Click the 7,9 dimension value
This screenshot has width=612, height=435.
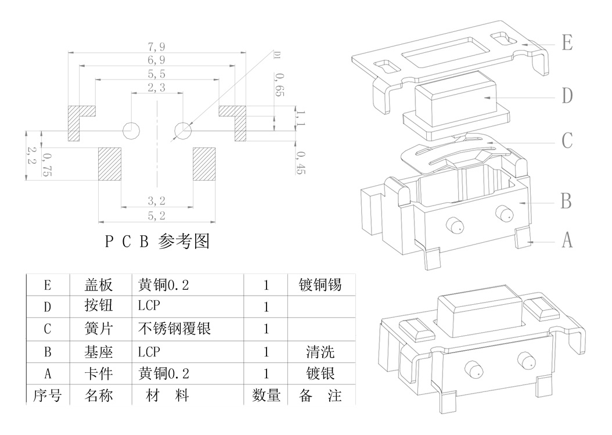coord(157,47)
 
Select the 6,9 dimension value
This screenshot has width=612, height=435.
coord(157,60)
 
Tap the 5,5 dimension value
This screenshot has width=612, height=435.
coord(157,74)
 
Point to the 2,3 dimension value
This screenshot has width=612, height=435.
coord(157,88)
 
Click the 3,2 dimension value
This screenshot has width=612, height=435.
coord(157,201)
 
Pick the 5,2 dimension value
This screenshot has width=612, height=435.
coord(157,216)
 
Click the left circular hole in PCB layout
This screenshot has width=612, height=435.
coord(131,131)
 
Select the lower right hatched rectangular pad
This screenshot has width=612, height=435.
coord(204,164)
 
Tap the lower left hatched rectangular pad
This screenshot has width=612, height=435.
coord(109,164)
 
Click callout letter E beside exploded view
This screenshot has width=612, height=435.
coord(567,42)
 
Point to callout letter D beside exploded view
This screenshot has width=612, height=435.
coord(567,96)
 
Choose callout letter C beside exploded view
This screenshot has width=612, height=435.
coord(567,141)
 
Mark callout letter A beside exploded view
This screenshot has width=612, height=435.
coord(567,239)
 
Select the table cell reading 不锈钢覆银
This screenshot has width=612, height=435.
coord(174,329)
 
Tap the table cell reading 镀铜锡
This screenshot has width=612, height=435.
coord(320,285)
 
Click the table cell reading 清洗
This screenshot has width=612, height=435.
coord(320,351)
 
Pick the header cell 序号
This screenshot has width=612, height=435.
coord(47,396)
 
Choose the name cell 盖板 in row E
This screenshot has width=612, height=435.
coord(99,285)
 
